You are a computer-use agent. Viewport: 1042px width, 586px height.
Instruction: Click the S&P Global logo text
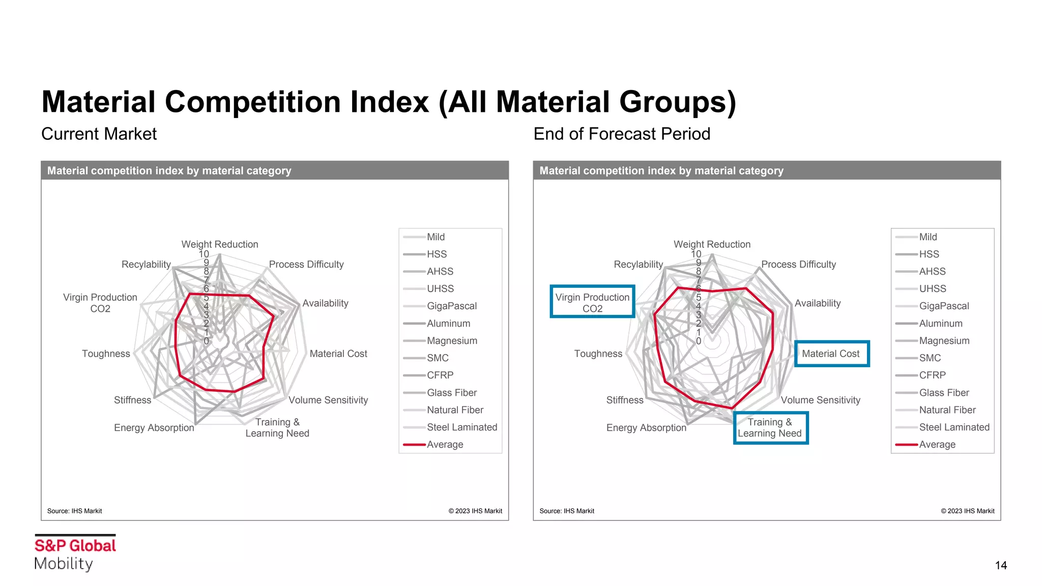75,546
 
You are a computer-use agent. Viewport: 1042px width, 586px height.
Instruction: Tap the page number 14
1000,566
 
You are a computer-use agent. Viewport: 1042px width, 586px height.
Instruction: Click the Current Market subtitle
99,134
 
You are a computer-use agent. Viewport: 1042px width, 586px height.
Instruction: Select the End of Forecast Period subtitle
621,134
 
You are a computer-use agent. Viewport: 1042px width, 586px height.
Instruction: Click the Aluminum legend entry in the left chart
448,324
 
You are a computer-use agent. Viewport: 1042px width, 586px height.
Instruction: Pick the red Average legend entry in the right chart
937,445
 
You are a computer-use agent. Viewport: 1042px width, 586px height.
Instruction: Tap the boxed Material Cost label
831,354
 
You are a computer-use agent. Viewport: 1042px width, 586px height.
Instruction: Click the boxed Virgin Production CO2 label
592,303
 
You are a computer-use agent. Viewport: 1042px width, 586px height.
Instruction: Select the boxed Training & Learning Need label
770,428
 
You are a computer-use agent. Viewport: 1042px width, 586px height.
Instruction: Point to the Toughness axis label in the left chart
106,354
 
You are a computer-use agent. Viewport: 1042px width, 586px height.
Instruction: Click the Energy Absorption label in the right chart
646,428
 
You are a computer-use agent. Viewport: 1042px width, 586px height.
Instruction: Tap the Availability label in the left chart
325,303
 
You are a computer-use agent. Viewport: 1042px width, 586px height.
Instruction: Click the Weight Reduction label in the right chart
712,244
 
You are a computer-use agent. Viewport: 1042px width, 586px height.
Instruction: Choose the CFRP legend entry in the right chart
932,375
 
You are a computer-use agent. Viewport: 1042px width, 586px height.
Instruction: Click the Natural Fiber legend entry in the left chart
455,410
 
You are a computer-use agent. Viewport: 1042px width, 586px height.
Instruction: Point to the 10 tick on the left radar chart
204,254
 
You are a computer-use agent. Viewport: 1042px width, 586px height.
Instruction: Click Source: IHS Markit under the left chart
74,511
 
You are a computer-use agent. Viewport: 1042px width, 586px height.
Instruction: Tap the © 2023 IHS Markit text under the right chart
967,511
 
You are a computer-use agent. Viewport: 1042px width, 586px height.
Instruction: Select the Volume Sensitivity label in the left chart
328,400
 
